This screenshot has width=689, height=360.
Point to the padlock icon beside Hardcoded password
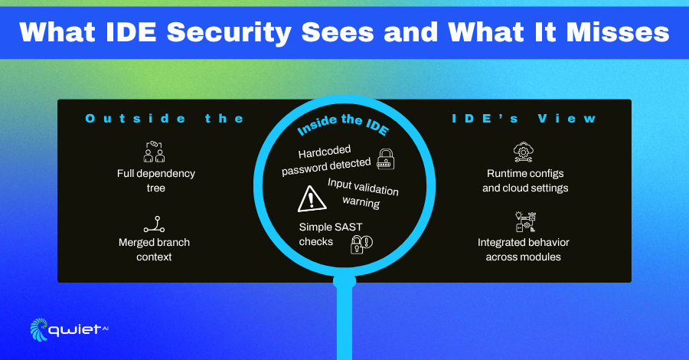coord(386,159)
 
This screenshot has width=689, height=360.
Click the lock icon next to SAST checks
coord(361,244)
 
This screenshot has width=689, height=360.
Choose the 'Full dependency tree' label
coord(156,180)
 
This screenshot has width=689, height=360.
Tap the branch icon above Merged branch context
coord(155,224)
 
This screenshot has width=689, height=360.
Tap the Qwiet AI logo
coord(70,329)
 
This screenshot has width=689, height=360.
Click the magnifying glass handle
coord(344,322)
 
